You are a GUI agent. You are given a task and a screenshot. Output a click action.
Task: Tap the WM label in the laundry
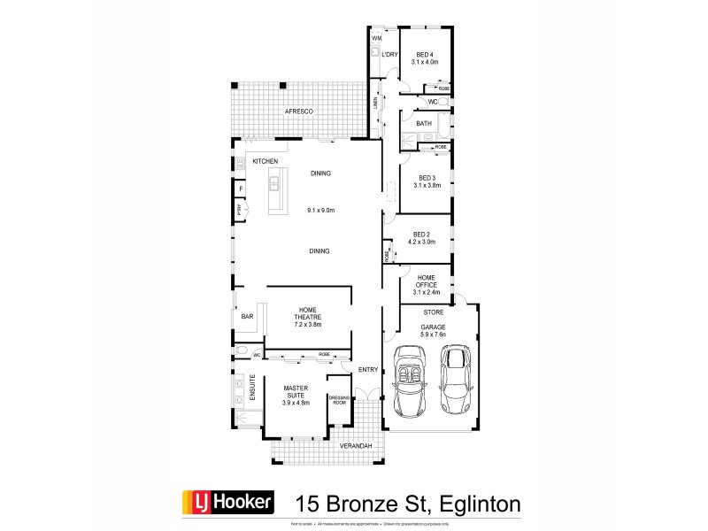tap(376, 39)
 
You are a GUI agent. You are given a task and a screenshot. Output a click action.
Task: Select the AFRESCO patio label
tap(296, 112)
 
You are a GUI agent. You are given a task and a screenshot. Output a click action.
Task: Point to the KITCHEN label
tap(265, 161)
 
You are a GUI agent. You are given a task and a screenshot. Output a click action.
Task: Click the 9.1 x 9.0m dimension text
tap(319, 211)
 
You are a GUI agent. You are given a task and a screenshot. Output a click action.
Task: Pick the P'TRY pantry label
tap(239, 210)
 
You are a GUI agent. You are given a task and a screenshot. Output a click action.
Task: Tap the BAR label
tap(247, 316)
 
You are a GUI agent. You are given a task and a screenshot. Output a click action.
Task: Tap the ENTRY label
tap(368, 370)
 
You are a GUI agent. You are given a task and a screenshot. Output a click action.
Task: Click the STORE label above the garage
tap(433, 312)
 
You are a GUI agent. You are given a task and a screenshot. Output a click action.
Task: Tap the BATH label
tap(424, 123)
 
